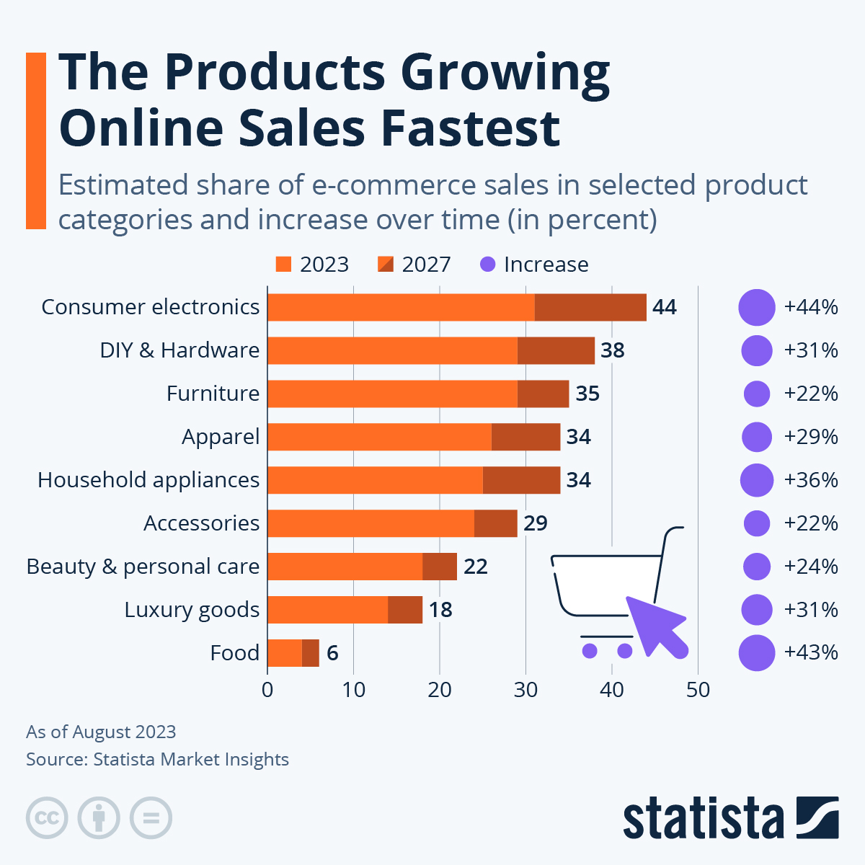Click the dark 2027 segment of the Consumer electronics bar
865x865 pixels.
[590, 307]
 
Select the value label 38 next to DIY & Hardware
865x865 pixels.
[613, 350]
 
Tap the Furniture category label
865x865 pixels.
[213, 394]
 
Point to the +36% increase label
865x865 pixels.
[811, 480]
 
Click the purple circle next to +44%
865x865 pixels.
[756, 308]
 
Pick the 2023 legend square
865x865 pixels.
[283, 265]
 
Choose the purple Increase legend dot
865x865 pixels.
[488, 265]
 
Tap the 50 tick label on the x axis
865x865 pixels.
[698, 690]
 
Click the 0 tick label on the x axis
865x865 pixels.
[267, 690]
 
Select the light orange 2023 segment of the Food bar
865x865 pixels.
[284, 653]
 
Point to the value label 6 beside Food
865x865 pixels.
[332, 653]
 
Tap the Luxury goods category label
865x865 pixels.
[192, 610]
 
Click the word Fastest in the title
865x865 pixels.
[470, 128]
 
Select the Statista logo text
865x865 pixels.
[703, 819]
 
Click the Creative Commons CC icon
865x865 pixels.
[47, 818]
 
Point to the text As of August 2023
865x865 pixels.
[101, 732]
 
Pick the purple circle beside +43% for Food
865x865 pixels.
[756, 653]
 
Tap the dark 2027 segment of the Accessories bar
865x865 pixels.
[496, 523]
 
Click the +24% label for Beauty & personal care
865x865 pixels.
[811, 567]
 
